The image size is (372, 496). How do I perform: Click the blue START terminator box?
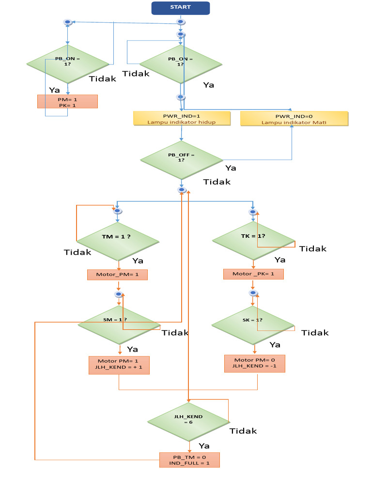(181, 8)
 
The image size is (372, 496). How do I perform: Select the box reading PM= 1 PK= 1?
(67, 101)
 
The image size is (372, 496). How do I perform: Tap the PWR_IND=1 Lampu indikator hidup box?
(182, 119)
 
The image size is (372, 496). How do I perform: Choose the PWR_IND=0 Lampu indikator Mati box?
(294, 119)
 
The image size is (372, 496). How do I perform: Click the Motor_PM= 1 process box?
(117, 275)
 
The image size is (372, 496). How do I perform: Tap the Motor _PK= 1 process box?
(253, 274)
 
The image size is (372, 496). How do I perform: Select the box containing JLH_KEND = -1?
(255, 363)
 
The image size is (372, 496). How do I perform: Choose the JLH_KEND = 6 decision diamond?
(189, 419)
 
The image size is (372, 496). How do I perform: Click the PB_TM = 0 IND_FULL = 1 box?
(189, 460)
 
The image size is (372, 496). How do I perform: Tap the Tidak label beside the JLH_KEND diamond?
(243, 431)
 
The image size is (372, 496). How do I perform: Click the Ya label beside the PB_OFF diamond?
(231, 168)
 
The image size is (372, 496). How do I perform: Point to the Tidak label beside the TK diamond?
(312, 248)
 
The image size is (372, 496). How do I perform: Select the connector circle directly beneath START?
(181, 22)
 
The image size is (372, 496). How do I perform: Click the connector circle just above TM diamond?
(117, 211)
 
